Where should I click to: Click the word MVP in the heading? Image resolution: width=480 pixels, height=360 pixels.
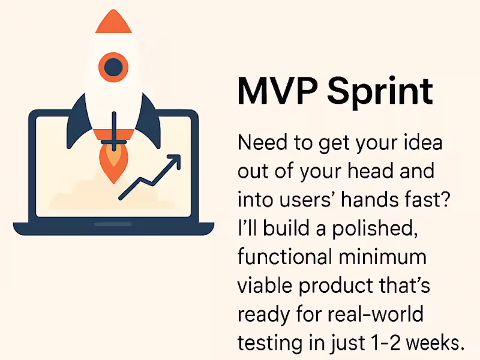pyautogui.click(x=274, y=91)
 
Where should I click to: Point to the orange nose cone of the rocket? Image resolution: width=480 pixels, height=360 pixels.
pyautogui.click(x=112, y=23)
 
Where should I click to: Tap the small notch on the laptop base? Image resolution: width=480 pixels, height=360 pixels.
pyautogui.click(x=113, y=224)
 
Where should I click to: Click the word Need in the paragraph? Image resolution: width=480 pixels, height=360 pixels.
pyautogui.click(x=260, y=144)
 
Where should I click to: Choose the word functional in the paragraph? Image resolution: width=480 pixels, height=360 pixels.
pyautogui.click(x=283, y=257)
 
